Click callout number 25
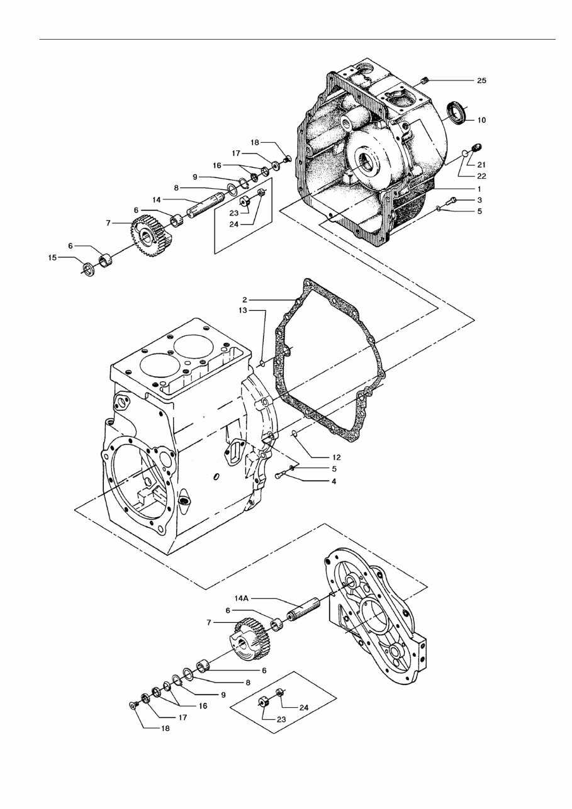481,81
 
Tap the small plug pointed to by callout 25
425,80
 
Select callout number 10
481,119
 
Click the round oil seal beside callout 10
457,112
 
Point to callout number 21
481,164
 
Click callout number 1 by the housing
479,189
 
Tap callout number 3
479,199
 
